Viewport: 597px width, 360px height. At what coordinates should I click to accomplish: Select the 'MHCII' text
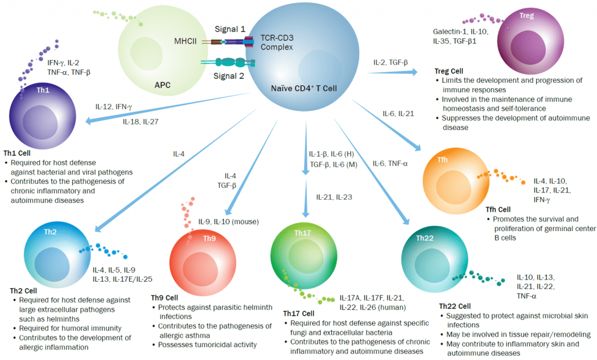click(187, 41)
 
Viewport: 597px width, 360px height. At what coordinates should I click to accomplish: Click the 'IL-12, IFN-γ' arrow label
click(114, 107)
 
